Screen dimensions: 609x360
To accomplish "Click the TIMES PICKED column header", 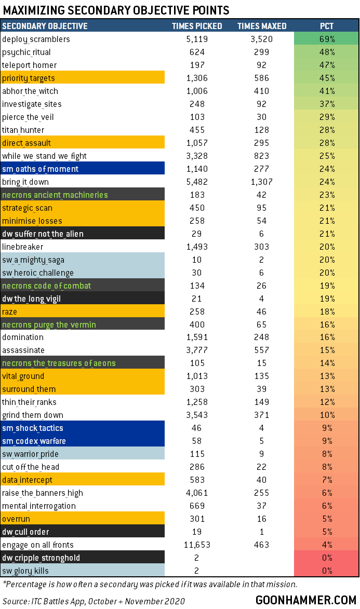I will pos(197,26).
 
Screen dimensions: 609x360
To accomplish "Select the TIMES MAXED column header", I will pos(262,26).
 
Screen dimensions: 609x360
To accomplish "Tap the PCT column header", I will pos(327,26).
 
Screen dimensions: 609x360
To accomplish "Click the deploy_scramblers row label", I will pos(36,39).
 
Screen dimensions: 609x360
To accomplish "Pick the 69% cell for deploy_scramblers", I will pos(327,39).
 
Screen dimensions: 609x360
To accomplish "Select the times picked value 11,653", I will pos(197,545).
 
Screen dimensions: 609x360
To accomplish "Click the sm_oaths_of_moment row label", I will pos(40,169).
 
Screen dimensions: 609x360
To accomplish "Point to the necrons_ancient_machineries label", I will pos(55,195).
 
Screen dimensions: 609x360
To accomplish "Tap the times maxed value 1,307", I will pos(262,182).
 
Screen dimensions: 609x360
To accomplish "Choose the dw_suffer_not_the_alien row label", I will pos(43,234).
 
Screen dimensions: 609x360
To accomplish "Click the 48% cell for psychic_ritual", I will pos(327,52).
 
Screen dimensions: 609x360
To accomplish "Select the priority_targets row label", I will pos(29,78).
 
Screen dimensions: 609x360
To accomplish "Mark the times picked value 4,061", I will pos(197,493).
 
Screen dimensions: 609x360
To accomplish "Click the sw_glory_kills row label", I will pos(24,571).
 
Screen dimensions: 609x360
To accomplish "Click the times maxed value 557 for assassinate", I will pos(262,350).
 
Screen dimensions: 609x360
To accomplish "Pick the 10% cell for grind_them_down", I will pos(327,415).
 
